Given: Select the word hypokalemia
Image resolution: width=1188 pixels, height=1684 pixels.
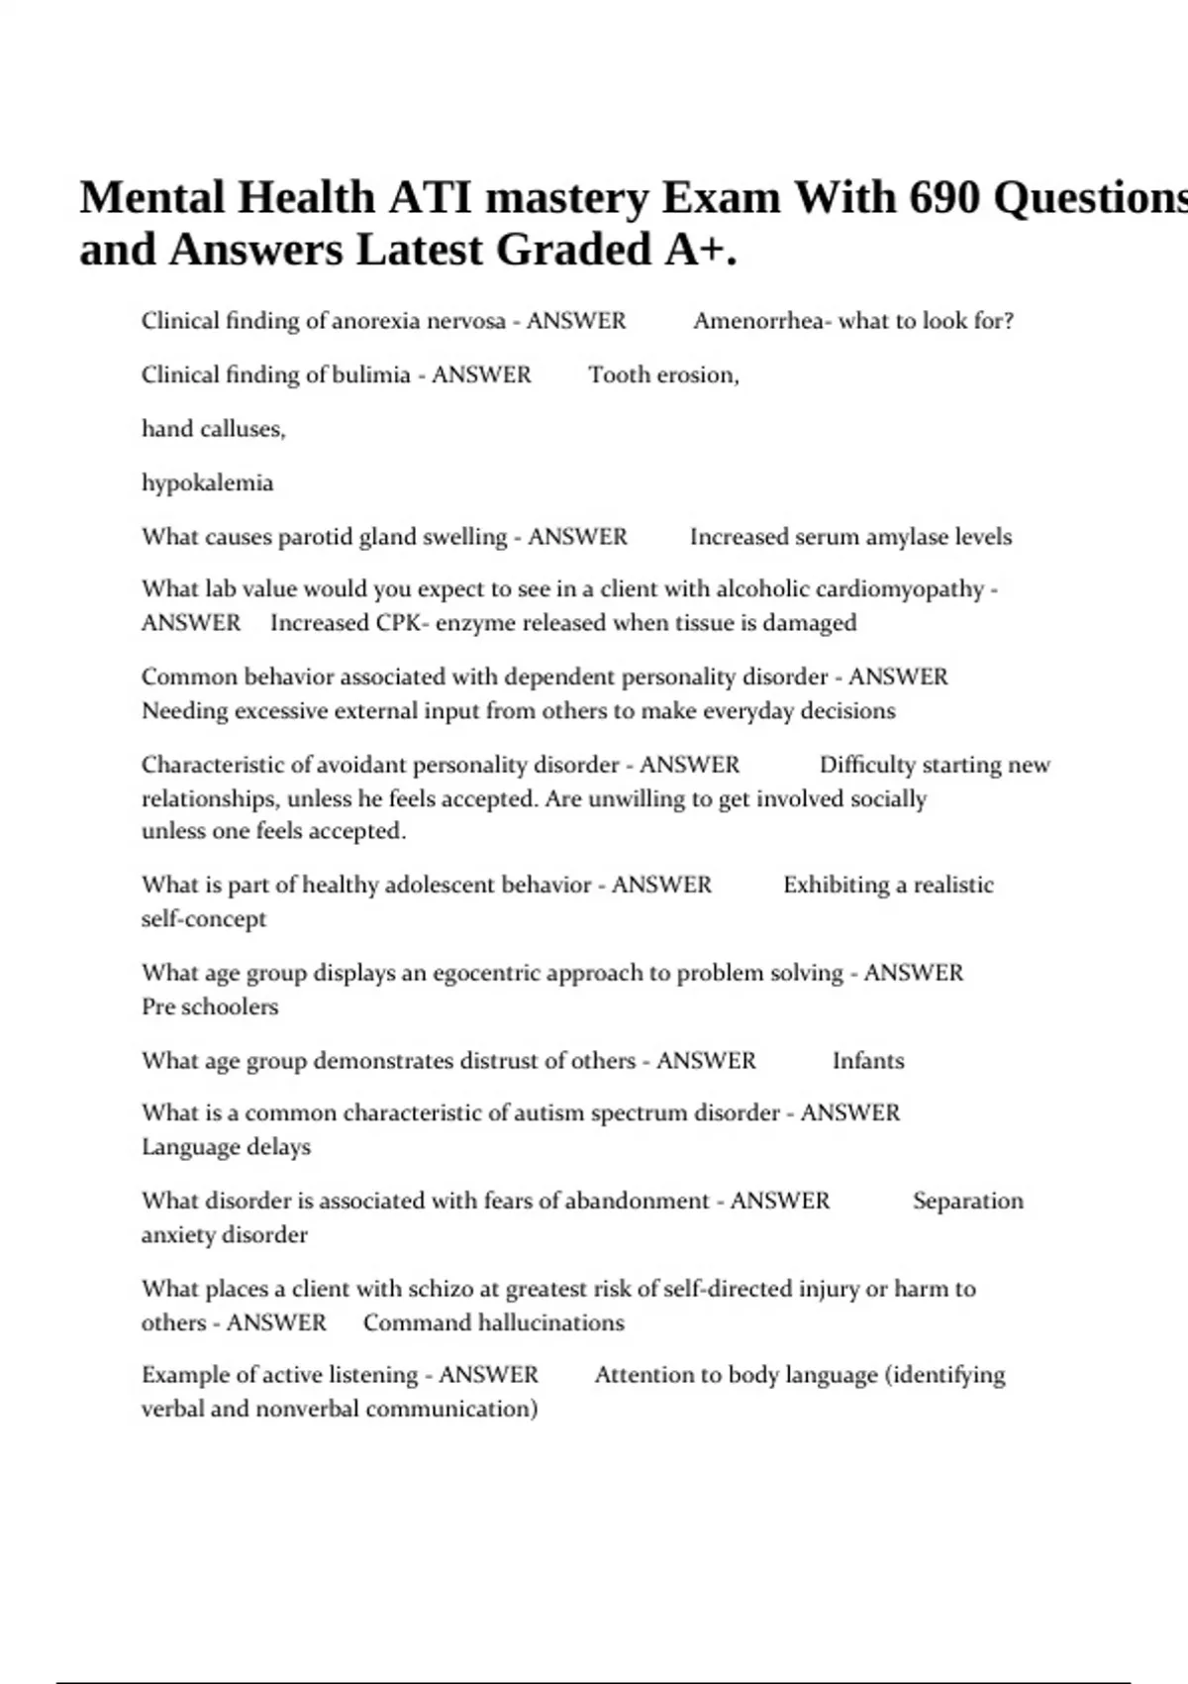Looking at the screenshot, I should (207, 483).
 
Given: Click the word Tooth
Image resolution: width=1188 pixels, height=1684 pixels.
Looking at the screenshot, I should (619, 374).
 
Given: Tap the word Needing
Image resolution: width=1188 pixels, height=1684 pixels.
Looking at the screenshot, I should (182, 711).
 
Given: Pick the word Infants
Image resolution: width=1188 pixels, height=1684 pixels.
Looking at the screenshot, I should (867, 1061).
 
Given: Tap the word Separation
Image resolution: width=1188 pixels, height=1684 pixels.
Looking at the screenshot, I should (967, 1201).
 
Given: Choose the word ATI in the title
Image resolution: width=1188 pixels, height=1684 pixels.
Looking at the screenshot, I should (429, 197).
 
